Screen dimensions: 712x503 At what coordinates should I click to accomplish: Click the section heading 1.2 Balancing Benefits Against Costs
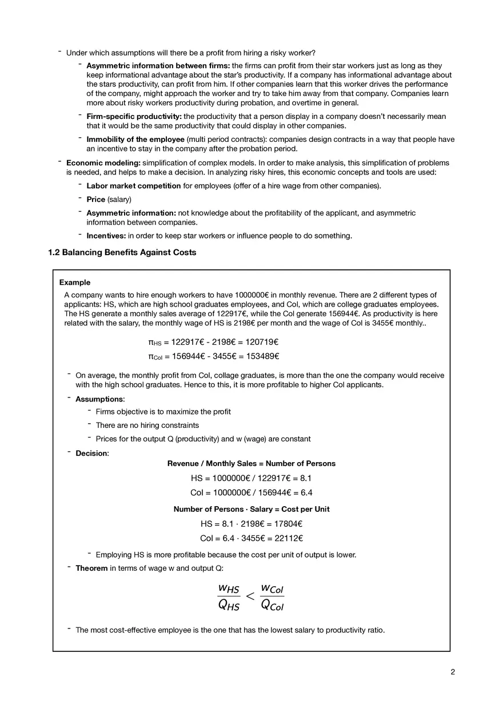tap(122, 252)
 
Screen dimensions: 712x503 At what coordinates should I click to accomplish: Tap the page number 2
tap(452, 672)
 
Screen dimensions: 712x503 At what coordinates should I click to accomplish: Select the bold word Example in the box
tap(75, 283)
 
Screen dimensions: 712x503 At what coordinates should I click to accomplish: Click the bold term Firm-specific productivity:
tap(134, 117)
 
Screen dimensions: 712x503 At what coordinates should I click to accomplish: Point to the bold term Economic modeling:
tap(103, 163)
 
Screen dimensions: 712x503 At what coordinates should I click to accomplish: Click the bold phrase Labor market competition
tap(134, 186)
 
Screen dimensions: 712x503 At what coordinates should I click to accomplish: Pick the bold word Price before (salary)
tap(96, 200)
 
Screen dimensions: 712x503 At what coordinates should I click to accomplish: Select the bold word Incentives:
tap(106, 236)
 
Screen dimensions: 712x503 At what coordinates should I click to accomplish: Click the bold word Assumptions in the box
tap(99, 399)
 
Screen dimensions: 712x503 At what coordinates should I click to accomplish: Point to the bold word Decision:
tap(92, 454)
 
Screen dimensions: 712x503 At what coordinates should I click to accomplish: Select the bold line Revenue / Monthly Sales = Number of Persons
tap(251, 464)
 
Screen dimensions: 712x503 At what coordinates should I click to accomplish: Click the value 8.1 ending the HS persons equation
tap(306, 478)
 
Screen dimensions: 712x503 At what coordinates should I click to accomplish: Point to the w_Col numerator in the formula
tap(272, 588)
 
